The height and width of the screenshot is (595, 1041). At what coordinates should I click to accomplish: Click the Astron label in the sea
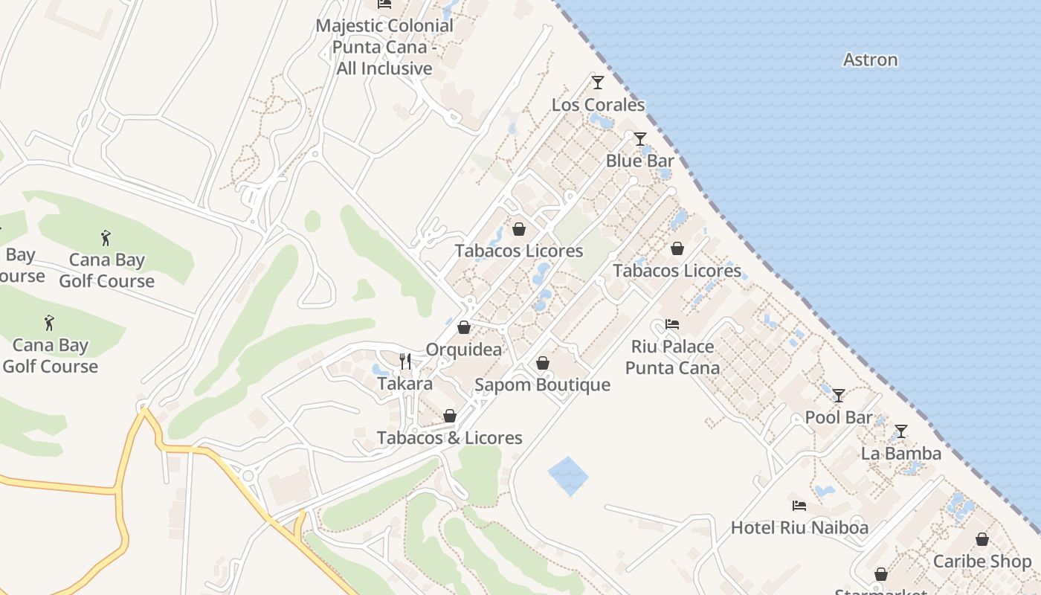pyautogui.click(x=870, y=59)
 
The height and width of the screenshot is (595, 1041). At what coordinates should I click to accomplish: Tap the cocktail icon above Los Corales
pyautogui.click(x=597, y=82)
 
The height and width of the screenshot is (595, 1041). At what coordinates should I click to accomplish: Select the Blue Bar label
pyautogui.click(x=639, y=161)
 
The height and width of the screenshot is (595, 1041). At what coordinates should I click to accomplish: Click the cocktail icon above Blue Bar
pyautogui.click(x=639, y=138)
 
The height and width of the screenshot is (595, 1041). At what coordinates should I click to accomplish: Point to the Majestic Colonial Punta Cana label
pyautogui.click(x=384, y=47)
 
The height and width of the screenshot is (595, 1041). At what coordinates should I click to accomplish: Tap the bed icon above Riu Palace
pyautogui.click(x=672, y=324)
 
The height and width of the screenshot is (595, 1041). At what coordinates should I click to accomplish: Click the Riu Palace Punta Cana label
pyautogui.click(x=672, y=357)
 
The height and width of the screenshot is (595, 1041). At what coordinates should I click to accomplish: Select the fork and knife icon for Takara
pyautogui.click(x=405, y=361)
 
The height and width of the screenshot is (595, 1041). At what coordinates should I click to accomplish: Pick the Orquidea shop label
pyautogui.click(x=463, y=350)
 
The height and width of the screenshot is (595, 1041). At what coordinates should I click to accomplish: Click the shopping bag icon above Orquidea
pyautogui.click(x=464, y=327)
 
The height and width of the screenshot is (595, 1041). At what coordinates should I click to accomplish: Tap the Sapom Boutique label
pyautogui.click(x=542, y=385)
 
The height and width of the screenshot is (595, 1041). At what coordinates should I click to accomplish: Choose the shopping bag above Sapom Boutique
pyautogui.click(x=543, y=363)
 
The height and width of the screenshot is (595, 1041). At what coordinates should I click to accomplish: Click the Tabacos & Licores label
pyautogui.click(x=449, y=438)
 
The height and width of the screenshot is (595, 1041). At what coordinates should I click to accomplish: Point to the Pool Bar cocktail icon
pyautogui.click(x=839, y=395)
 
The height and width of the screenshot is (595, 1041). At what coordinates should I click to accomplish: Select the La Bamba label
pyautogui.click(x=900, y=453)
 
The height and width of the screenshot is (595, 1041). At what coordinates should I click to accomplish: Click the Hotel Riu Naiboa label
pyautogui.click(x=799, y=527)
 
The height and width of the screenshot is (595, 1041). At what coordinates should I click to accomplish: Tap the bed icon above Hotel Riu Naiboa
pyautogui.click(x=799, y=506)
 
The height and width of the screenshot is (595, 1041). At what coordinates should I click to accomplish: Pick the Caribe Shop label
pyautogui.click(x=982, y=562)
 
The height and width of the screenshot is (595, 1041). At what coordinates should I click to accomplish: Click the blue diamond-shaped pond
pyautogui.click(x=568, y=476)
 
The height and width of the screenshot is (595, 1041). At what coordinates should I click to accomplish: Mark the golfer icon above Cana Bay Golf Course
pyautogui.click(x=106, y=238)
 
